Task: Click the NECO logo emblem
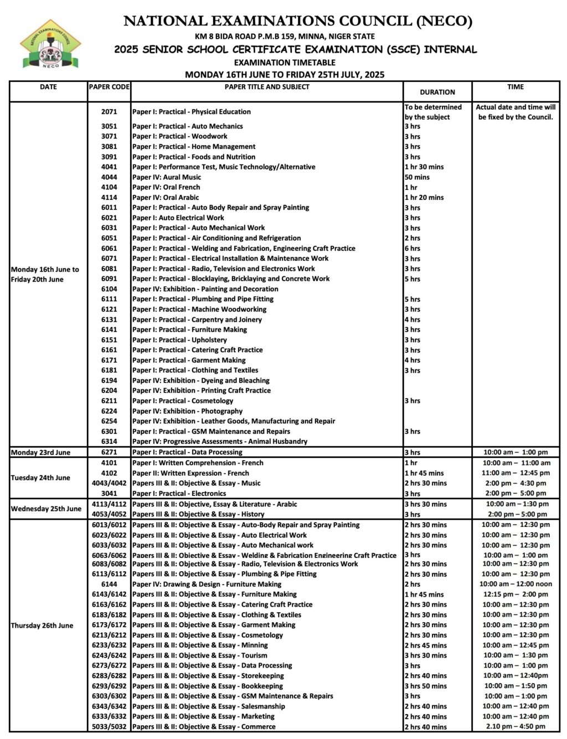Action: [50, 45]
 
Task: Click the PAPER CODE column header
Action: [109, 87]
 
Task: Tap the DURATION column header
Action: [437, 92]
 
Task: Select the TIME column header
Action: [515, 87]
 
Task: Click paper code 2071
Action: [109, 112]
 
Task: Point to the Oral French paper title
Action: [166, 187]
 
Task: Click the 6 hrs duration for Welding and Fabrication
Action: [413, 249]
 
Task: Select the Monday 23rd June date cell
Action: [41, 453]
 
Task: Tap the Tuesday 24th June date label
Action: [40, 478]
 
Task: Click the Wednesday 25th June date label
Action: [46, 509]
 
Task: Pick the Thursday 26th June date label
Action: [42, 625]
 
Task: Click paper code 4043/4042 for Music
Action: [109, 483]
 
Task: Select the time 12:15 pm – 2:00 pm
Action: [515, 594]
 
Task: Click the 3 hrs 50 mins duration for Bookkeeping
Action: [425, 686]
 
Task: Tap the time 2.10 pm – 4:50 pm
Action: [515, 726]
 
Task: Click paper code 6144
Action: [109, 584]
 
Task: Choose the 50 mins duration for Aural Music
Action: [417, 177]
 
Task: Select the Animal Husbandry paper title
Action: [220, 442]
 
